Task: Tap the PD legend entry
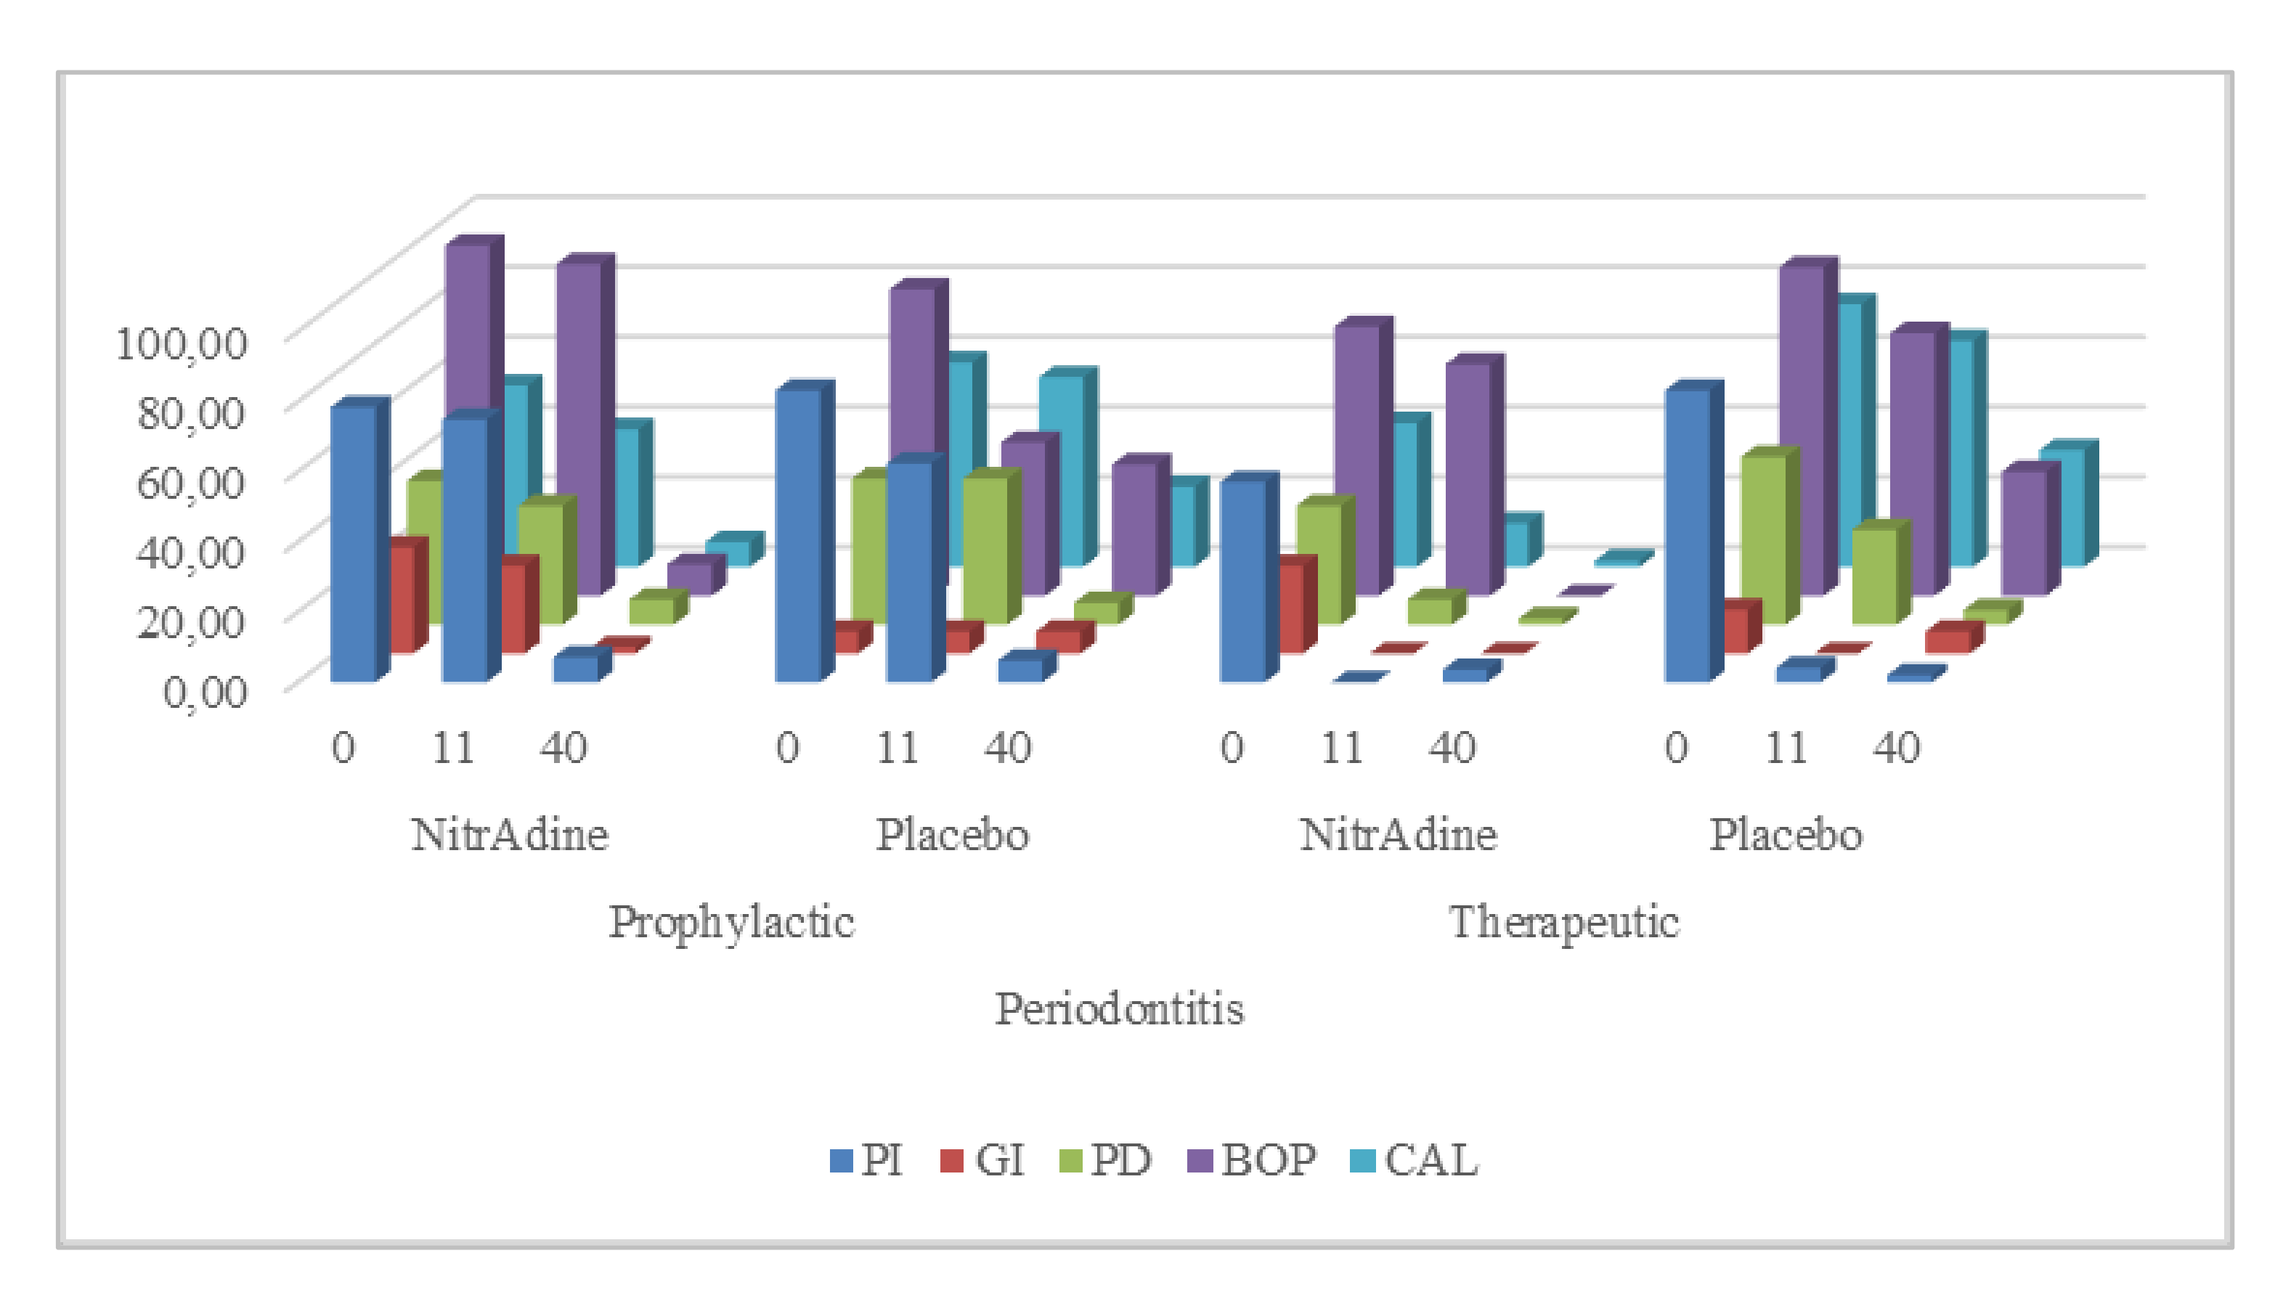(x=1106, y=1161)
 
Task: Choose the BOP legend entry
(x=1251, y=1161)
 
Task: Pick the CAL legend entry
(x=1414, y=1161)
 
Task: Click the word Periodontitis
(x=1120, y=1010)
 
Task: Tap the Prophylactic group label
(x=731, y=923)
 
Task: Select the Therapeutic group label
(x=1563, y=923)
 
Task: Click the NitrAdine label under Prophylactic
(x=509, y=836)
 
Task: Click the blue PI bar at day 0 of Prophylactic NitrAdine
(x=353, y=545)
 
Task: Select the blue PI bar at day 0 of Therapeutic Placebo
(x=1687, y=536)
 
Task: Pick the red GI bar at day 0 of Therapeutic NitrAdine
(x=1290, y=608)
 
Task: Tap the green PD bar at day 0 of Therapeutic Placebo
(x=1764, y=541)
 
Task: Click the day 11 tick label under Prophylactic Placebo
(x=897, y=748)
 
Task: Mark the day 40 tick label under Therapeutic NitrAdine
(x=1452, y=748)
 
